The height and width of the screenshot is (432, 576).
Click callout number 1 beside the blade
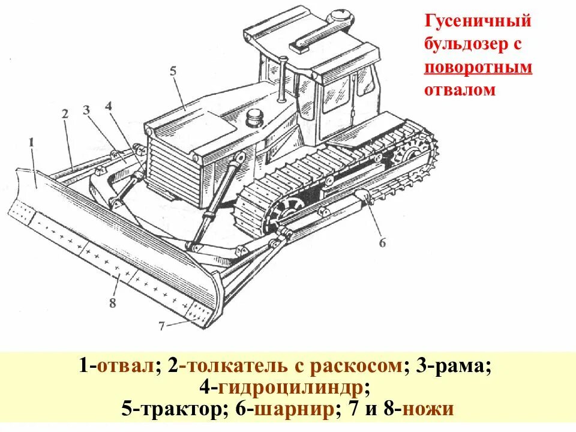point(31,142)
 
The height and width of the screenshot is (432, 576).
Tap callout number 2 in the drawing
point(65,113)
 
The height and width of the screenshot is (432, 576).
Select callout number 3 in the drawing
point(86,110)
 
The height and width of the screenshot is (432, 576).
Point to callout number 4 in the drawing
point(108,106)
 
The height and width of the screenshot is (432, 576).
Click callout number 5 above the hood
point(173,71)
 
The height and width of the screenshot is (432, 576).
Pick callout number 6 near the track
point(382,242)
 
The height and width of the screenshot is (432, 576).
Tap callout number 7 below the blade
point(161,326)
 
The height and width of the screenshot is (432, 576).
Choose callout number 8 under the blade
point(112,302)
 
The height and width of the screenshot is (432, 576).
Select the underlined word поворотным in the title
point(478,67)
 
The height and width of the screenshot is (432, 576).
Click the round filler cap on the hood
point(254,118)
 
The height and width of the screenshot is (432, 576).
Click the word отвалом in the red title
point(460,90)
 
